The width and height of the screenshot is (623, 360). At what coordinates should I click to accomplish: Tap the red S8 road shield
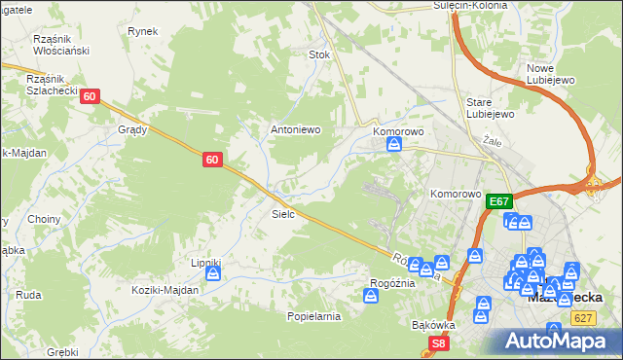pyautogui.click(x=440, y=342)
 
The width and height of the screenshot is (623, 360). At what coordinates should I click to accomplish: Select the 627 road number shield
pyautogui.click(x=584, y=318)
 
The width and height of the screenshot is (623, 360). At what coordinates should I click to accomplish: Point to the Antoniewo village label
pyautogui.click(x=295, y=129)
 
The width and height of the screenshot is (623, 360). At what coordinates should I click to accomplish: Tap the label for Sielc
pyautogui.click(x=283, y=213)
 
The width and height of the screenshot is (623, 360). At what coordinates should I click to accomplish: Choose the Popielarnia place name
pyautogui.click(x=313, y=316)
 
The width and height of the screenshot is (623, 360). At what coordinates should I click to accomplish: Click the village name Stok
pyautogui.click(x=319, y=55)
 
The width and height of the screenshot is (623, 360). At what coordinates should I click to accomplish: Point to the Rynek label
pyautogui.click(x=142, y=31)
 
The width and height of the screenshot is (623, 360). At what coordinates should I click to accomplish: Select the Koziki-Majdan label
pyautogui.click(x=165, y=290)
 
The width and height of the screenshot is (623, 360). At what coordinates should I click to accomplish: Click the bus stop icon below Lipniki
pyautogui.click(x=213, y=275)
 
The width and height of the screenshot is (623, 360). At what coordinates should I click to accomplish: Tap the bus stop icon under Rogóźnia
pyautogui.click(x=371, y=296)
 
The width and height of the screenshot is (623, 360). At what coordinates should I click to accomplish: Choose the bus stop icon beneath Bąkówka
pyautogui.click(x=481, y=315)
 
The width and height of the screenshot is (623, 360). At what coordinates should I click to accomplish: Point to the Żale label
pyautogui.click(x=491, y=141)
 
